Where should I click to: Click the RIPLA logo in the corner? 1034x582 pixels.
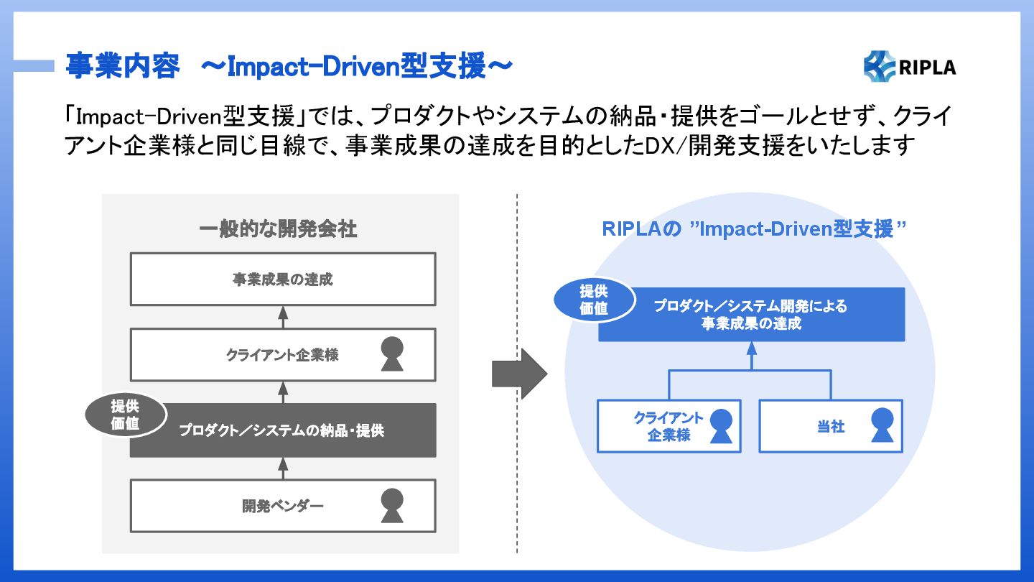pyautogui.click(x=909, y=67)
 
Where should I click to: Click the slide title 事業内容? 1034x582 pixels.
pyautogui.click(x=122, y=66)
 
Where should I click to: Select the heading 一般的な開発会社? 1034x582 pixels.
pyautogui.click(x=278, y=229)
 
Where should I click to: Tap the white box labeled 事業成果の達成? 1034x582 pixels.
pyautogui.click(x=283, y=279)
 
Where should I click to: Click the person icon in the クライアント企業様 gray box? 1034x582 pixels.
pyautogui.click(x=392, y=354)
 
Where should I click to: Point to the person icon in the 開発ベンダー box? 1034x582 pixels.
pyautogui.click(x=392, y=505)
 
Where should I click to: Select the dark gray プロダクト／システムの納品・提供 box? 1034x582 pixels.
pyautogui.click(x=283, y=430)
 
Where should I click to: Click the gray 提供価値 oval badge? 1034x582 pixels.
pyautogui.click(x=125, y=415)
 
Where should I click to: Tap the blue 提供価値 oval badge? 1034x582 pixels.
pyautogui.click(x=594, y=300)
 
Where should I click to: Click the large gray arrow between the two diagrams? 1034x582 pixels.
pyautogui.click(x=520, y=374)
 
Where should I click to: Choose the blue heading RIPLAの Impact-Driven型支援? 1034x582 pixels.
pyautogui.click(x=754, y=229)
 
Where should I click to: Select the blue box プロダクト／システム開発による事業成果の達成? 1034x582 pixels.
pyautogui.click(x=752, y=315)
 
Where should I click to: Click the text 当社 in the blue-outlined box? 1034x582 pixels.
pyautogui.click(x=831, y=426)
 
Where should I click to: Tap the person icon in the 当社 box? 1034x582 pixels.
pyautogui.click(x=882, y=425)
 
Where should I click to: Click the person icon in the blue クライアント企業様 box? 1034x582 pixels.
pyautogui.click(x=721, y=426)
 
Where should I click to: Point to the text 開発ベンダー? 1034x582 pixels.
pyautogui.click(x=282, y=507)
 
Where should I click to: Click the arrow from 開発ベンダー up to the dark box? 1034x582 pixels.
pyautogui.click(x=283, y=468)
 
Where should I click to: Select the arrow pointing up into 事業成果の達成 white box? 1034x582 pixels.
pyautogui.click(x=283, y=317)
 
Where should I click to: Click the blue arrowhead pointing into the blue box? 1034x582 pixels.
pyautogui.click(x=752, y=348)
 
